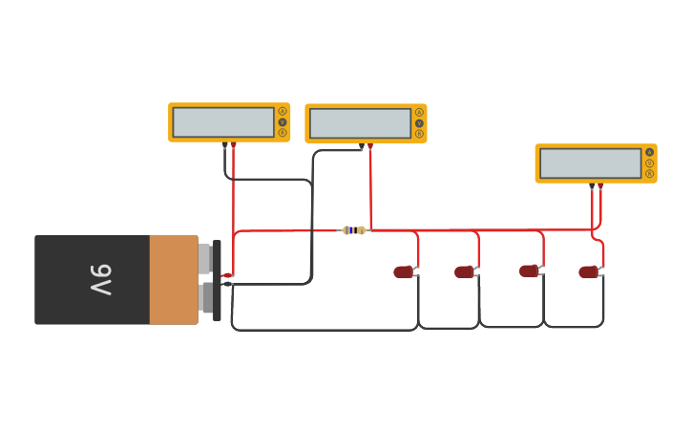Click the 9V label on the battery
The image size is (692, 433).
point(101,280)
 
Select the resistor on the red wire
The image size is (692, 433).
point(353,230)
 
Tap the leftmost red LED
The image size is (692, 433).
point(404,272)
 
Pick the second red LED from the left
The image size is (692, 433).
point(464,272)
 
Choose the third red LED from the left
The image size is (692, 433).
point(529,271)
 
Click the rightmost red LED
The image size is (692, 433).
point(588,272)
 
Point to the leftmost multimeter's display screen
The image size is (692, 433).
point(223,122)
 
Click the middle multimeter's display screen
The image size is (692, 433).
point(360,123)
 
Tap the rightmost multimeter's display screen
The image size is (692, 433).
point(590,163)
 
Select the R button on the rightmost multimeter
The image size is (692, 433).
point(650,174)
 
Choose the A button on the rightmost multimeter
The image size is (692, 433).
point(650,152)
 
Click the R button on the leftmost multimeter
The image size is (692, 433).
point(283,133)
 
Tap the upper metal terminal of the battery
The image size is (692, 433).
point(205,258)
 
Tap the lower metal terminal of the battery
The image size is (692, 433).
point(206,297)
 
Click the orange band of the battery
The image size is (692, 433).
point(173,280)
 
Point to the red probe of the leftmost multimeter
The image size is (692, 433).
point(234,146)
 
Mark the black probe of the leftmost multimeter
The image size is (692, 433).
point(225,146)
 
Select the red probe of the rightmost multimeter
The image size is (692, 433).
point(600,186)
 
